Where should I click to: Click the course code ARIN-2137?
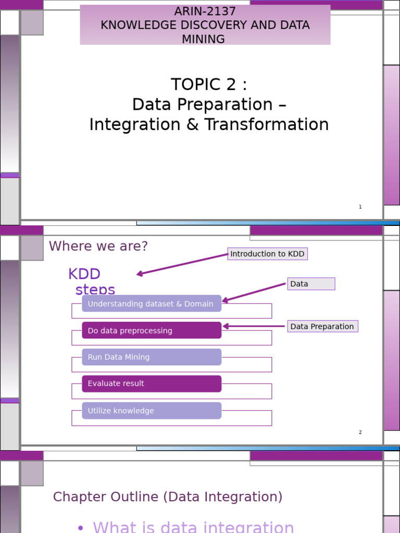(205, 11)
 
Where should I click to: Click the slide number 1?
(360, 207)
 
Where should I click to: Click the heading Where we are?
(98, 246)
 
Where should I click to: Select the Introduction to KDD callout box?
(267, 254)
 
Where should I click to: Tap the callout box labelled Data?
(310, 284)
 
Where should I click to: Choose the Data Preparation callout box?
(322, 326)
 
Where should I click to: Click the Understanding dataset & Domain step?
(151, 304)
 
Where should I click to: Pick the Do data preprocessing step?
(151, 331)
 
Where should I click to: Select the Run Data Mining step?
(151, 357)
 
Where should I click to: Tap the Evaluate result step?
(151, 384)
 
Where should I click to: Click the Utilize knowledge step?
(151, 411)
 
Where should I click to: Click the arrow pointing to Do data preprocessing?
(254, 326)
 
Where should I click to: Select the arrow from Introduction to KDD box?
(182, 264)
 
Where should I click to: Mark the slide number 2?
(360, 433)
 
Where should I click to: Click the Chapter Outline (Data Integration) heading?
(168, 497)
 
